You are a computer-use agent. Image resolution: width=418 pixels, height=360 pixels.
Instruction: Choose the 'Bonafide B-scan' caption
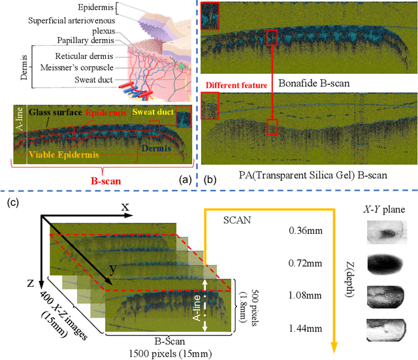(x=313, y=84)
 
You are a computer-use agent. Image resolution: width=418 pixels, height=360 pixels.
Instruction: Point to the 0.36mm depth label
(x=302, y=231)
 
